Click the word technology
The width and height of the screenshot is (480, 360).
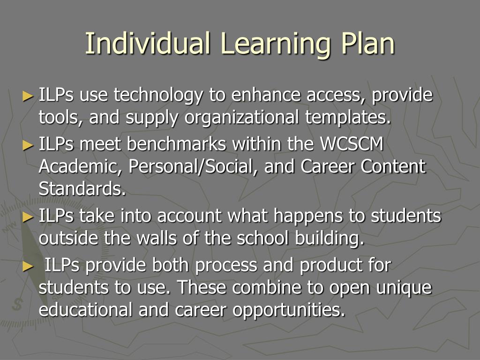(x=160, y=96)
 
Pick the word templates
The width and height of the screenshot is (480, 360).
(x=348, y=118)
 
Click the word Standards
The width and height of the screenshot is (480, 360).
(x=82, y=189)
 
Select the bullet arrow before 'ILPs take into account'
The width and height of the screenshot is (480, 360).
(x=29, y=217)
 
